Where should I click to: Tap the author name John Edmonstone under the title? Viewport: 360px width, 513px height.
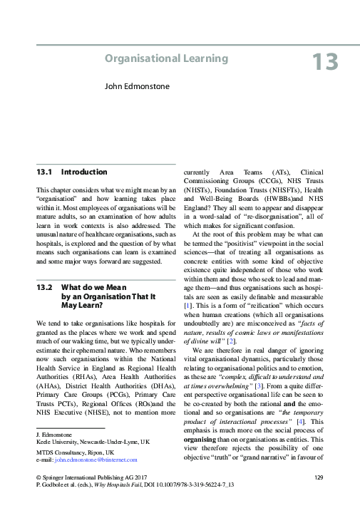[140, 90]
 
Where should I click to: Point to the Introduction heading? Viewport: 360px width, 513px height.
[84, 172]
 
